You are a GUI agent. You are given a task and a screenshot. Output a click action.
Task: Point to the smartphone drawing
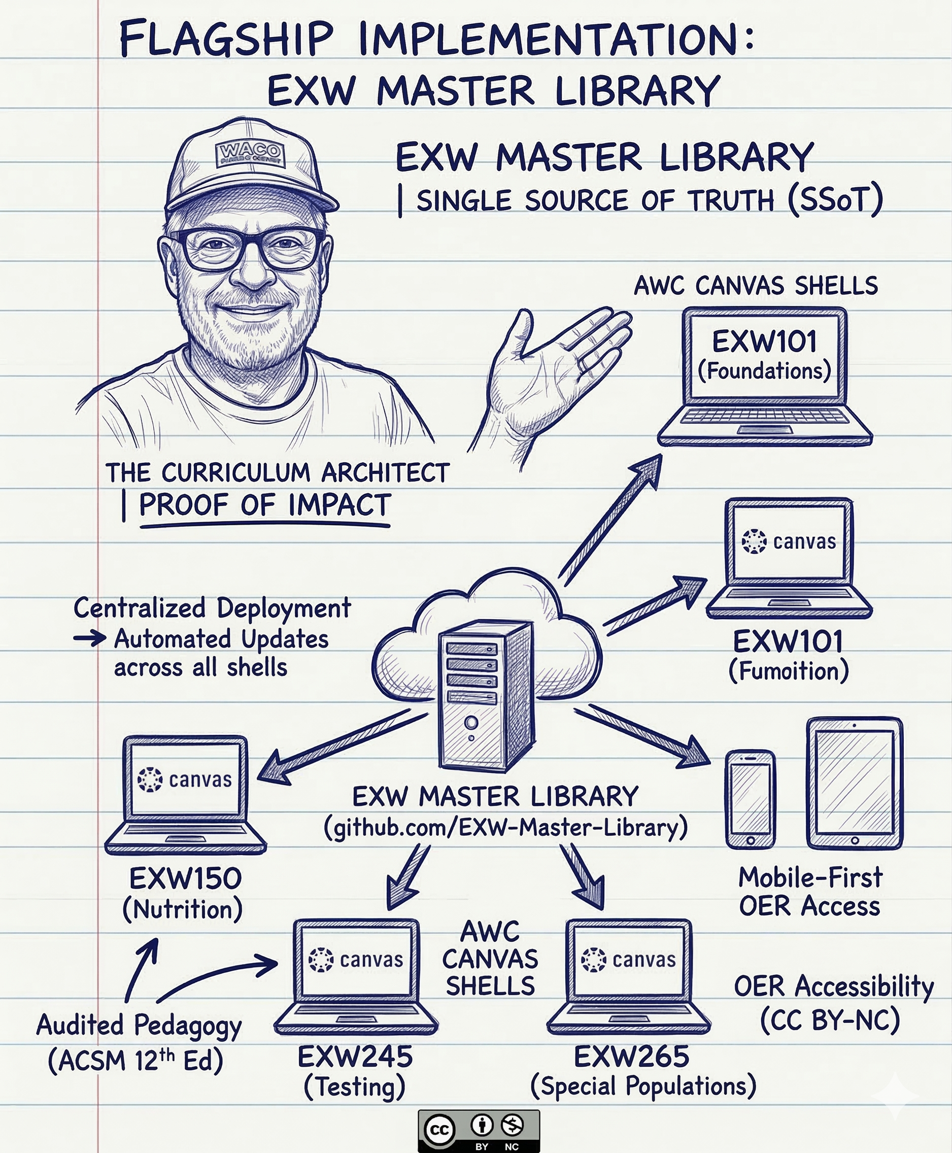click(750, 799)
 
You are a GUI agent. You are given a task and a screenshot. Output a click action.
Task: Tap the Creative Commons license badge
click(479, 1131)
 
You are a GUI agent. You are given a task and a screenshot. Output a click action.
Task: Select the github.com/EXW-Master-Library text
click(505, 827)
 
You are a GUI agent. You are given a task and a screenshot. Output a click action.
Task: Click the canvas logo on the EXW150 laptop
click(150, 779)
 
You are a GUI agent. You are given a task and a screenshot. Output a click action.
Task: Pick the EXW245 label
click(355, 1057)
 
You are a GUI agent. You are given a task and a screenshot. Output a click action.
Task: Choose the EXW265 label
click(631, 1057)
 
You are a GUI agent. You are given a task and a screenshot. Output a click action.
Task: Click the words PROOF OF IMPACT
click(265, 505)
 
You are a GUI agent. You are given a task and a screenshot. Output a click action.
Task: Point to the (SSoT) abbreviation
click(835, 200)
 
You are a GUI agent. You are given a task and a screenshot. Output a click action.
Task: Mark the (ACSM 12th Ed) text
click(135, 1060)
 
